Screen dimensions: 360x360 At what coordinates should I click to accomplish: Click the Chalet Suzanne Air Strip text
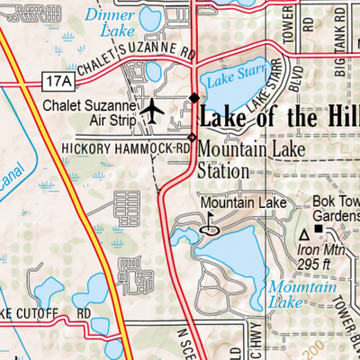click(90, 112)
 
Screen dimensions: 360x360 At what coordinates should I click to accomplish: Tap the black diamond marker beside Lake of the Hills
click(193, 98)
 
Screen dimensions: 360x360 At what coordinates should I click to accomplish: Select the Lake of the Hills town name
click(279, 116)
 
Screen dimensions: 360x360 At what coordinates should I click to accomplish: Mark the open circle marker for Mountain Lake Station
click(192, 138)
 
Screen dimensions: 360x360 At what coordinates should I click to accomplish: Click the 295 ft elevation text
click(321, 262)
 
